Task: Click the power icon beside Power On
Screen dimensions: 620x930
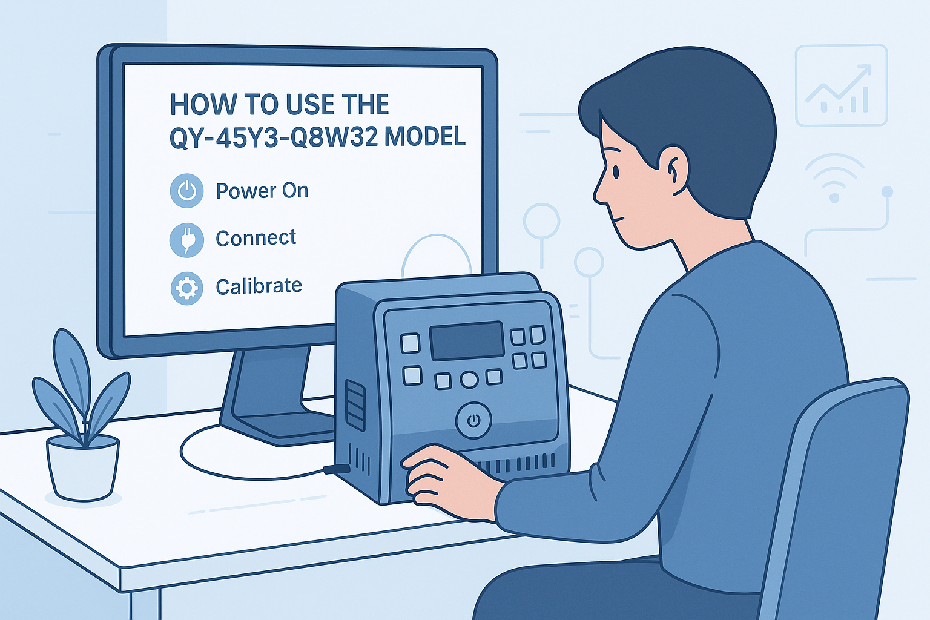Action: tap(186, 191)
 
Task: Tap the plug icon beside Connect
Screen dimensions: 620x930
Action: tap(186, 239)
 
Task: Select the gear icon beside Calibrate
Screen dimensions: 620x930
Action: tap(186, 288)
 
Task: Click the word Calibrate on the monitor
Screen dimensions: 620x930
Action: tap(259, 286)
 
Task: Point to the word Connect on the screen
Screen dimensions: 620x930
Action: tap(256, 238)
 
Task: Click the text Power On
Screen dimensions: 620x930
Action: tap(262, 191)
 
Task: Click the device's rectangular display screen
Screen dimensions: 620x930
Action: tap(466, 340)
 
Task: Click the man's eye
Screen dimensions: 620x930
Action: tap(615, 172)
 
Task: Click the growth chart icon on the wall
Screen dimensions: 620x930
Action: tap(840, 85)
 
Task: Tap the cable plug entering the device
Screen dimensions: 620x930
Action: tap(337, 469)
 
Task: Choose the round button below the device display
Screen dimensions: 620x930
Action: tap(469, 380)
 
